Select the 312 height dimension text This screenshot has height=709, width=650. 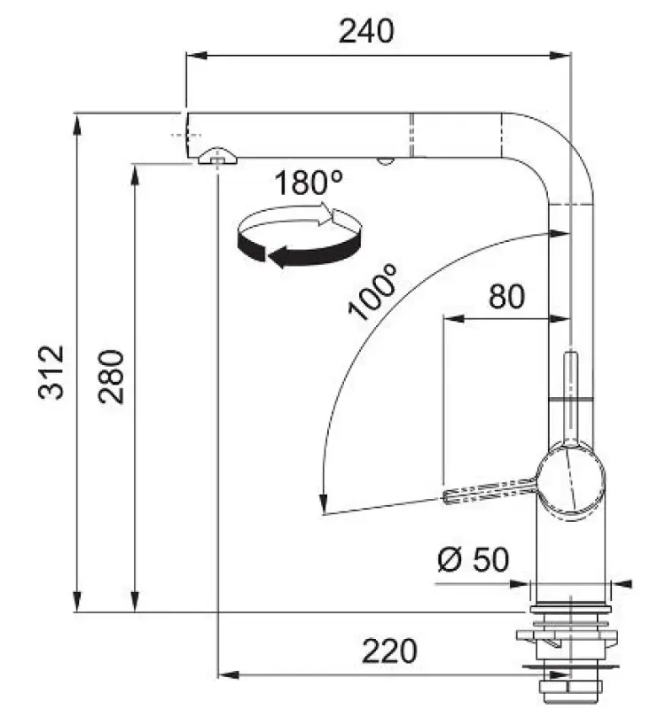[x=52, y=372]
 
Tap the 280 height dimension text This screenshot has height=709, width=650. [x=112, y=377]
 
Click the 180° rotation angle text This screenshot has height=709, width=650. [x=307, y=183]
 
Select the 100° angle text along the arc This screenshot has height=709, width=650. [x=373, y=292]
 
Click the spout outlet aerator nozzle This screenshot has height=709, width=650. [x=216, y=157]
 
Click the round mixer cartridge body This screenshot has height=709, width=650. [x=574, y=479]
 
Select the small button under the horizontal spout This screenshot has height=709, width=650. [x=384, y=161]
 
